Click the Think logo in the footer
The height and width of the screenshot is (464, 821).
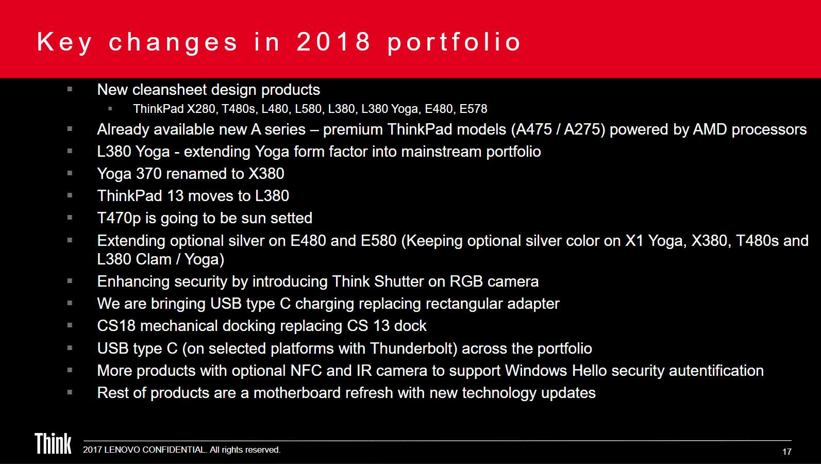tap(53, 444)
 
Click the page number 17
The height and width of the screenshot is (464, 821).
tap(786, 452)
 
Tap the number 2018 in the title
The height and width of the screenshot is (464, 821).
tap(333, 42)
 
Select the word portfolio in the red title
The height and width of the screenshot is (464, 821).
tap(454, 42)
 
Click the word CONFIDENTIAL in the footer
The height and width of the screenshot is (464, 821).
tap(174, 450)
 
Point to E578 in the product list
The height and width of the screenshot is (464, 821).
tap(473, 109)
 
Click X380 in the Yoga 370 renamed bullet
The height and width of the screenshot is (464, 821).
tap(266, 174)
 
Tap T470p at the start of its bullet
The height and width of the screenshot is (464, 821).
tap(119, 218)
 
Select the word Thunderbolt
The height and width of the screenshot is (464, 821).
tap(413, 349)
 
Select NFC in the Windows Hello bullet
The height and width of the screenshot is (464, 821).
tap(306, 371)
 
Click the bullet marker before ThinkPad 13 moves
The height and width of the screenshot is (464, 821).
tap(70, 195)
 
